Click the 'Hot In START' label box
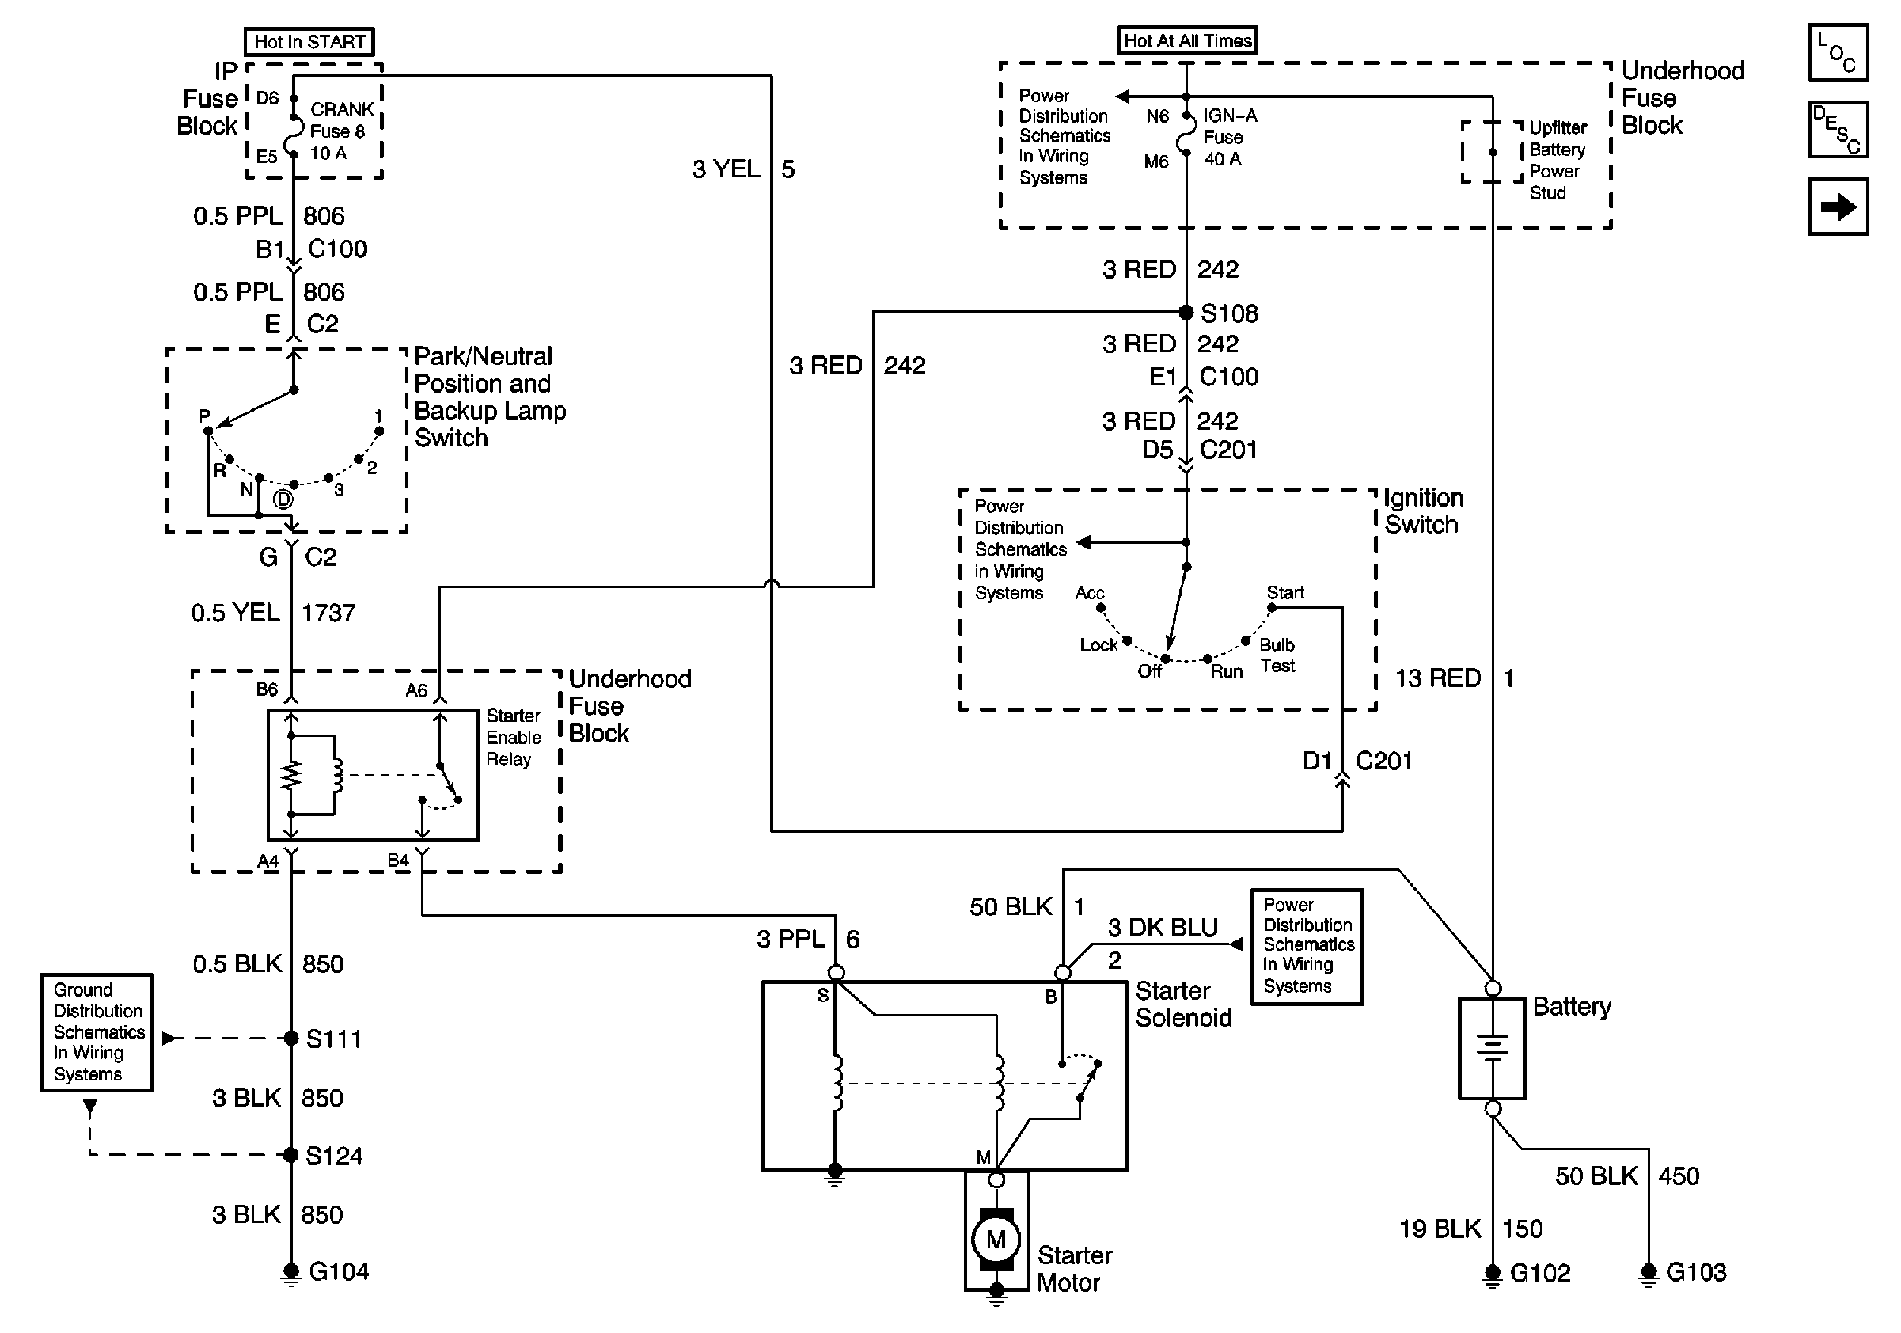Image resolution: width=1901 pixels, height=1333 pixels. pos(309,41)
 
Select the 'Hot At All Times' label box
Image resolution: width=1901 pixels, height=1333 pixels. pos(1187,40)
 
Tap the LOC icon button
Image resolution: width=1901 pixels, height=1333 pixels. pos(1837,52)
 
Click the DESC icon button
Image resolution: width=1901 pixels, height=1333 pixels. pos(1837,129)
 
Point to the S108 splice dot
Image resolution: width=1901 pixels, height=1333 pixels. pos(1186,312)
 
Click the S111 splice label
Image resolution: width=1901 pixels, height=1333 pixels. pos(334,1039)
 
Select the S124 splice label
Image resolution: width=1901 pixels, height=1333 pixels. pos(334,1156)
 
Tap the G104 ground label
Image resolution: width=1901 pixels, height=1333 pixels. pos(339,1271)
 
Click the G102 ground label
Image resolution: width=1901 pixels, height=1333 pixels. pos(1540,1273)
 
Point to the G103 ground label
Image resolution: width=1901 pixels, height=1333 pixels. pos(1696,1272)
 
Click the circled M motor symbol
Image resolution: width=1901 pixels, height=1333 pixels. pos(996,1240)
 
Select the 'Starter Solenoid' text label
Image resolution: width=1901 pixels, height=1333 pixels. pos(1183,1004)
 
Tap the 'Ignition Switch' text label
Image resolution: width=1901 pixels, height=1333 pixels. pos(1423,511)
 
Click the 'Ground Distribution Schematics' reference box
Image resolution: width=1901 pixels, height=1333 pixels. pos(97,1031)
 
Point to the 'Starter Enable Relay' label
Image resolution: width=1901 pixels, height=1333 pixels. pos(514,737)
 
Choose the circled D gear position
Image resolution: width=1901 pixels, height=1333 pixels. pos(283,499)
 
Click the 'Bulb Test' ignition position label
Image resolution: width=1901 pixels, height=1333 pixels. pos(1277,655)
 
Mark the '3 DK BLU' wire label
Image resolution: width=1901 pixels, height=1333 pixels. pos(1163,929)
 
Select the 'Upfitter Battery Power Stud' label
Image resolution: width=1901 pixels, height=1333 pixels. pos(1557,160)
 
